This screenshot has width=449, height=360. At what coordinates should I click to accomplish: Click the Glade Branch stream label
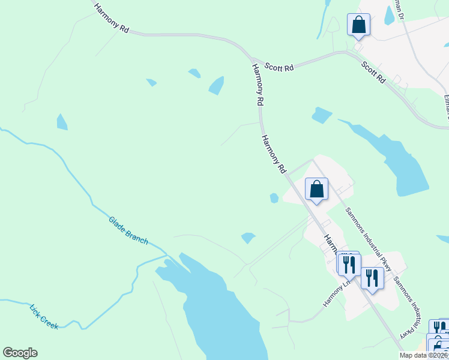(128, 230)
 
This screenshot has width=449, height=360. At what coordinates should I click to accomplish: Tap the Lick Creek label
(44, 316)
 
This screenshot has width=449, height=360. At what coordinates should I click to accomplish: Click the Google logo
(20, 353)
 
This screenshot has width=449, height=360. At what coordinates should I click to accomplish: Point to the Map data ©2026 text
(423, 355)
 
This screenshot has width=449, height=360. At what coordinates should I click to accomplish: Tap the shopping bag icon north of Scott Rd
(358, 25)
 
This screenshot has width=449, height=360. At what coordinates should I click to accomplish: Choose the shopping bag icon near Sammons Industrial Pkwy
(316, 190)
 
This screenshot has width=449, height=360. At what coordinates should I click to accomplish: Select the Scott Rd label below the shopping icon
(373, 71)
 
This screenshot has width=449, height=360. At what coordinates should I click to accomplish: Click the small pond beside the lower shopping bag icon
(274, 198)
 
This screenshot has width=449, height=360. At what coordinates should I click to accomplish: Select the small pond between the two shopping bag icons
(322, 115)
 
